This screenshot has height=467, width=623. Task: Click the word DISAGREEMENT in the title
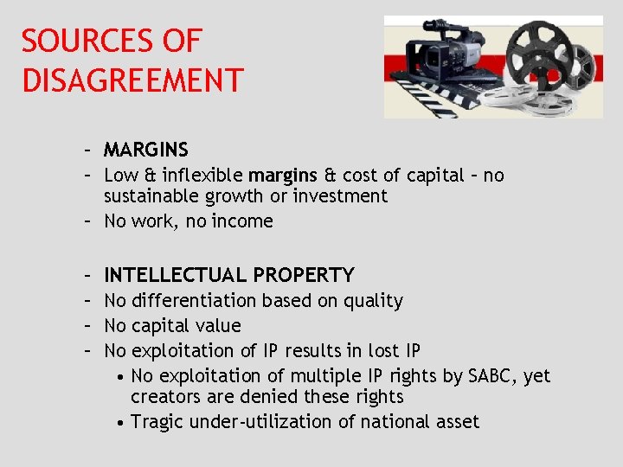click(x=132, y=80)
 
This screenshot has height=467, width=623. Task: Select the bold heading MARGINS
click(x=145, y=150)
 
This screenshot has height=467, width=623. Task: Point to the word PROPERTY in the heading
click(x=304, y=275)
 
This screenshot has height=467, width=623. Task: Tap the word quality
click(x=373, y=301)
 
